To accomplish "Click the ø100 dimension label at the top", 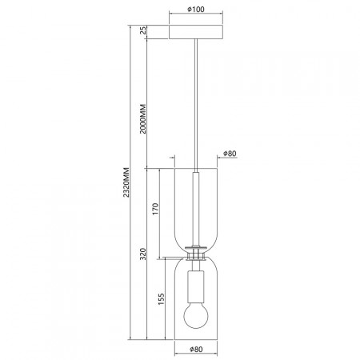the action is (x=196, y=10).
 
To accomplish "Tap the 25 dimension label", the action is (x=143, y=30).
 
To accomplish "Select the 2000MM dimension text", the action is (x=143, y=119).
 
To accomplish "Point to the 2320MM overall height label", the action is (x=126, y=182).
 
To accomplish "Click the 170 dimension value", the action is (x=155, y=210).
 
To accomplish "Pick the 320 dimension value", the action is (x=143, y=254).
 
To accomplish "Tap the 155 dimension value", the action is (x=161, y=299).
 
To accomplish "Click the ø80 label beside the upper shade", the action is (x=230, y=154).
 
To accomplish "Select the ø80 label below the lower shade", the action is (x=196, y=349).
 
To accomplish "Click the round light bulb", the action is (x=196, y=316).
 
